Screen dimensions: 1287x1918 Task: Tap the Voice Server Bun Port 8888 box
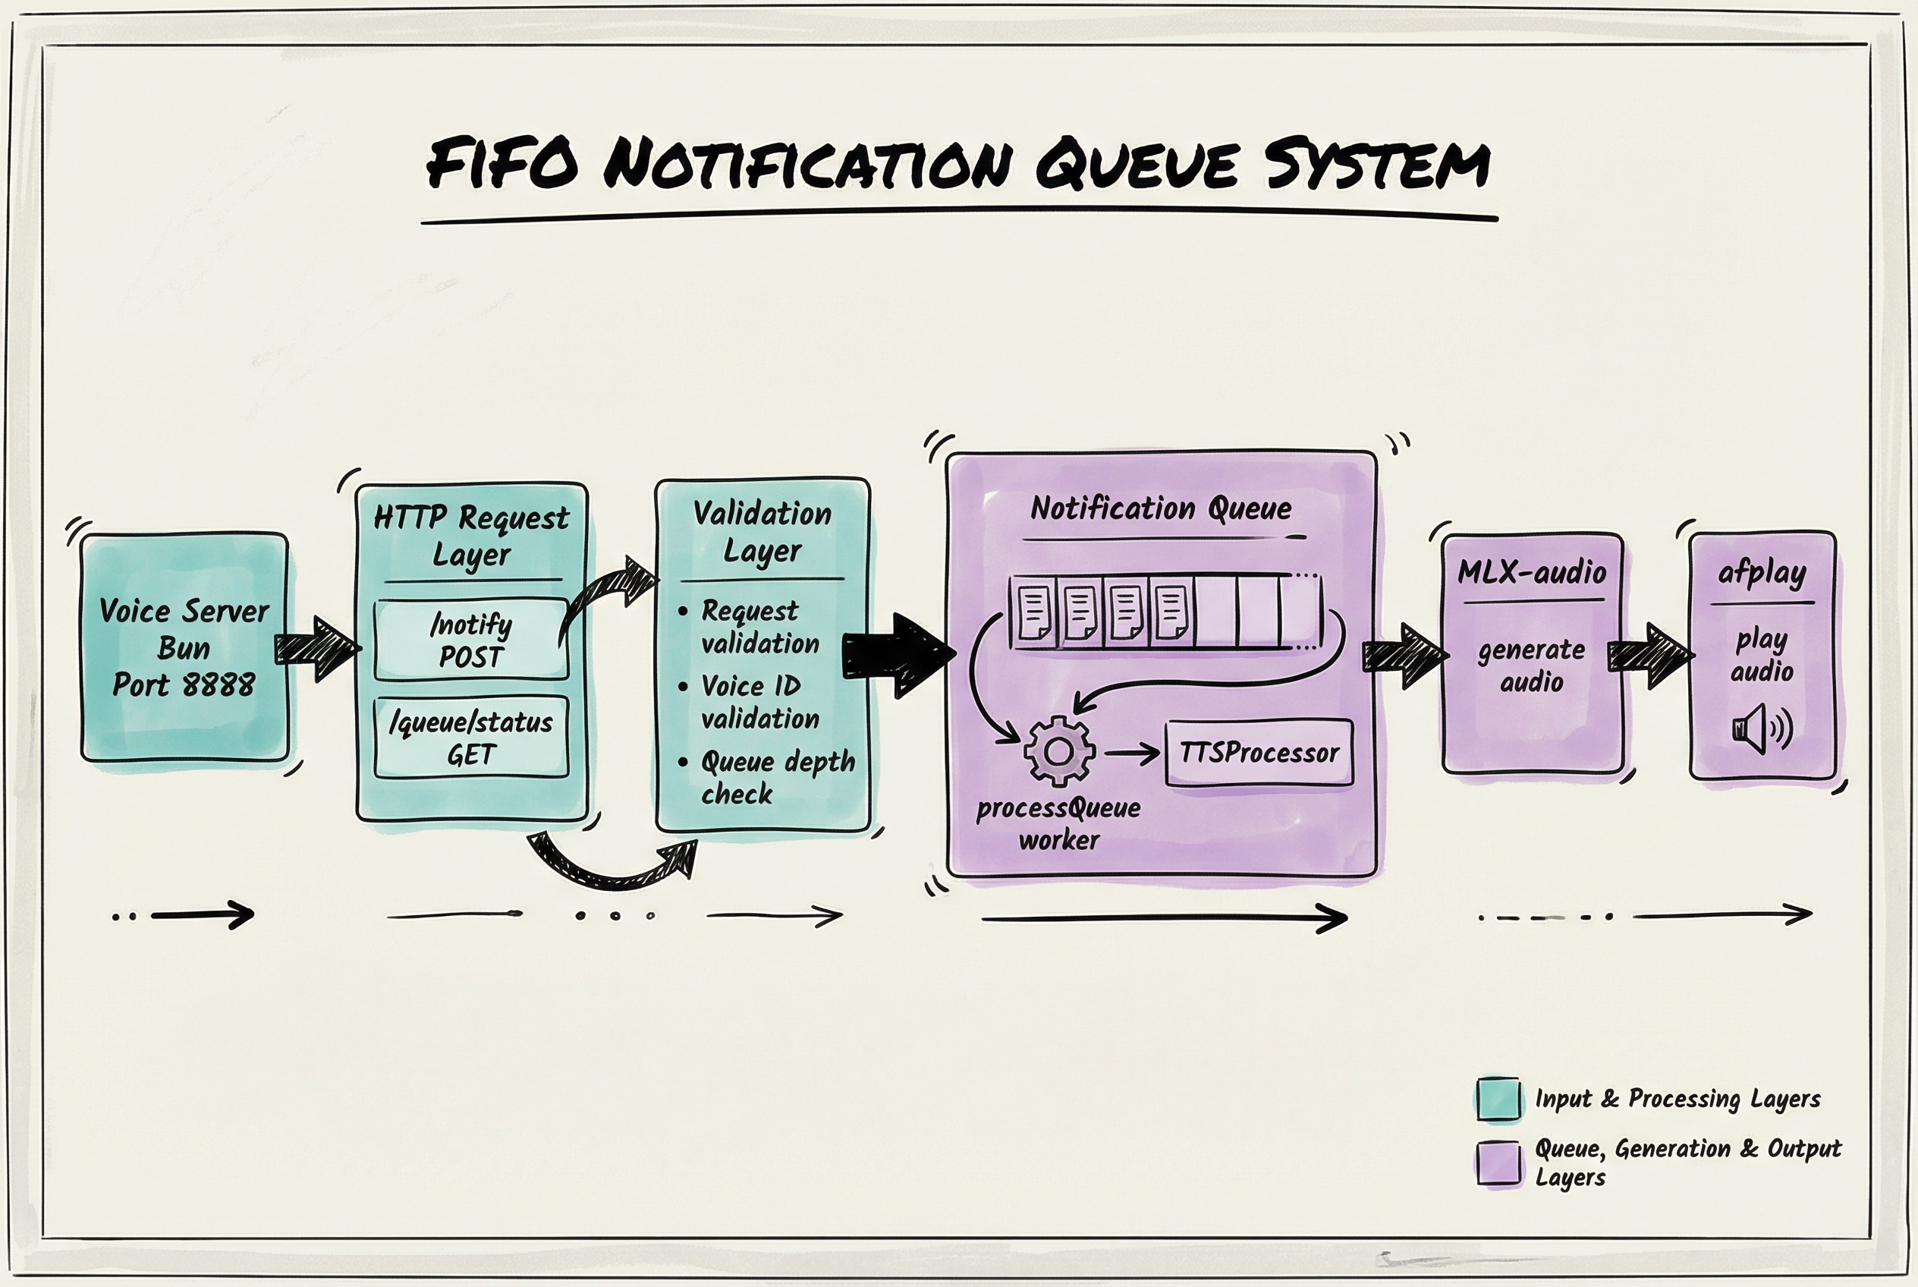(184, 647)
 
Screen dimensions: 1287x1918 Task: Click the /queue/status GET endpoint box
(471, 737)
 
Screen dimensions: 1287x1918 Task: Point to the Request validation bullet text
(759, 627)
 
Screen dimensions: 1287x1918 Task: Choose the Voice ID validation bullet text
(759, 702)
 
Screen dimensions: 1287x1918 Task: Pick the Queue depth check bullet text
(775, 776)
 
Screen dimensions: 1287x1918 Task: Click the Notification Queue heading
(1161, 509)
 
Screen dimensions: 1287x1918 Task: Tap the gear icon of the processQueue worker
(1058, 751)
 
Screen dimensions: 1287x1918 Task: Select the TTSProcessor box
(1259, 753)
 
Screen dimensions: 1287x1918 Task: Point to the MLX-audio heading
(1532, 572)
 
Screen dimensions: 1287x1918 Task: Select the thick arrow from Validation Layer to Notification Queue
(898, 655)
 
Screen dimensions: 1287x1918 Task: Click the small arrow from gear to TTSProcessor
(1133, 753)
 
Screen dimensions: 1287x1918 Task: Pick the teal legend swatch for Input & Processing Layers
(1498, 1098)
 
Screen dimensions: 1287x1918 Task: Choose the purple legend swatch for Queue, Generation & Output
(1498, 1163)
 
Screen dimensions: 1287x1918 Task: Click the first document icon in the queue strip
(1034, 612)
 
